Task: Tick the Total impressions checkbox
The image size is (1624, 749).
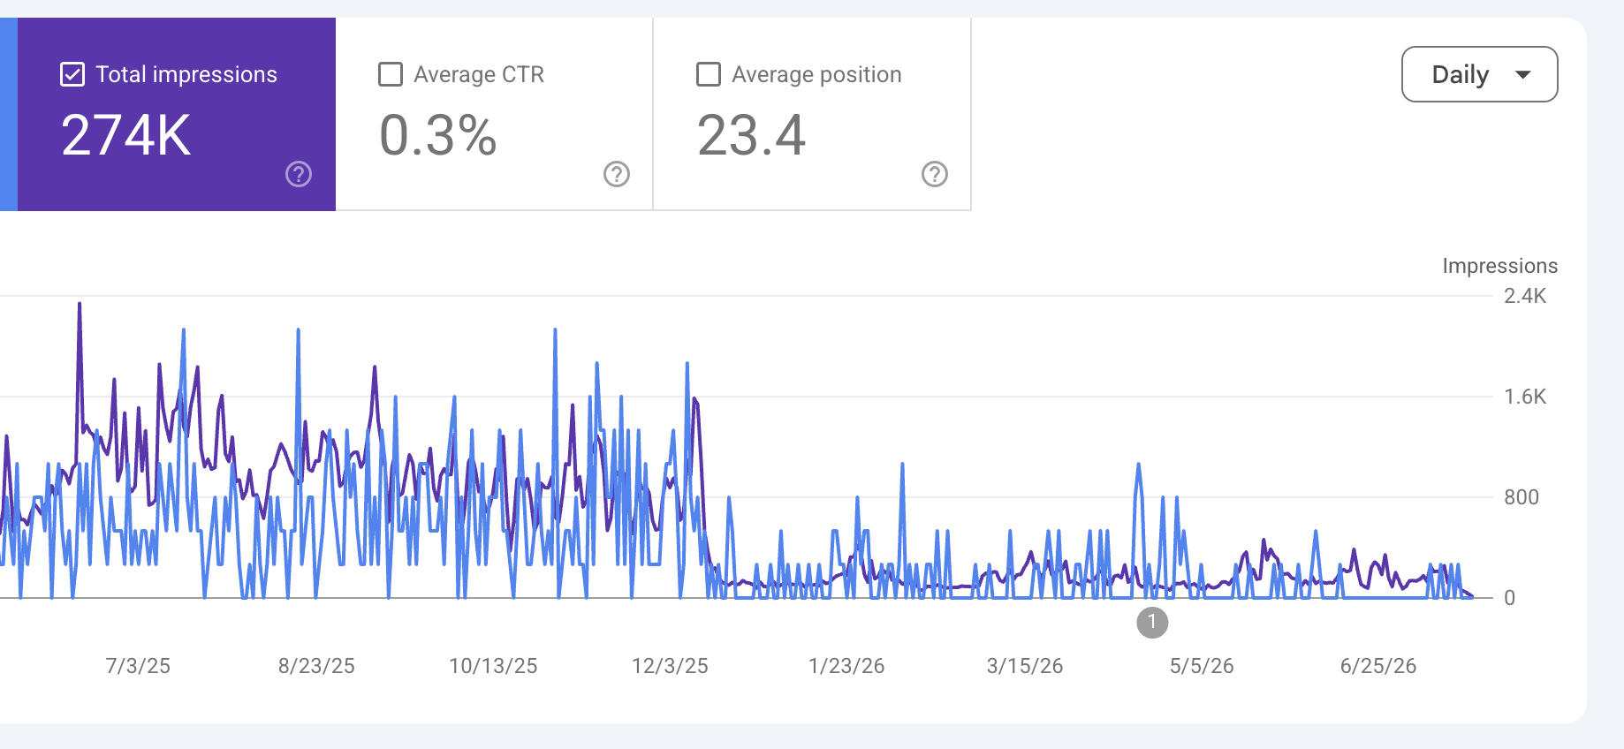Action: [72, 74]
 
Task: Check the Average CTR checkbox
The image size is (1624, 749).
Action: [391, 74]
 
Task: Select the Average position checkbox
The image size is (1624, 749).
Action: [709, 74]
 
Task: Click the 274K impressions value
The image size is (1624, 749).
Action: [126, 135]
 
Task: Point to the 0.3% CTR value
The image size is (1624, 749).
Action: [438, 135]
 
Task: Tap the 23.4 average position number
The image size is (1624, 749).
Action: [751, 135]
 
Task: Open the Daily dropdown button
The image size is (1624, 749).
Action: [1480, 74]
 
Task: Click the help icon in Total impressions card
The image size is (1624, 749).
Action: [299, 174]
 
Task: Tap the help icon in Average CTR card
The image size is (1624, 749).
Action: [617, 174]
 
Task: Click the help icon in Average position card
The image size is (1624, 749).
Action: [935, 174]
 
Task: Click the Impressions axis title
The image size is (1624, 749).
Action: [1500, 266]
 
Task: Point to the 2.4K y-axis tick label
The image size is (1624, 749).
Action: [1525, 296]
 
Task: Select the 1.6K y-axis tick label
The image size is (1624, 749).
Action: [1525, 397]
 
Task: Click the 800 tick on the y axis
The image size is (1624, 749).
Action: [1522, 497]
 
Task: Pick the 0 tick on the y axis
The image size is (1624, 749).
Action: [1510, 598]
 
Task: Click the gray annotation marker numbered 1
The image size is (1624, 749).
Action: [1152, 623]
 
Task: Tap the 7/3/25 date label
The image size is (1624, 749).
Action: [138, 666]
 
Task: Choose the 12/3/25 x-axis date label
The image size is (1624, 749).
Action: [670, 666]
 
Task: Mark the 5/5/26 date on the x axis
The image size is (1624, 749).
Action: [1202, 666]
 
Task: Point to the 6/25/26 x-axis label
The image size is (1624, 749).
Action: [1378, 666]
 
